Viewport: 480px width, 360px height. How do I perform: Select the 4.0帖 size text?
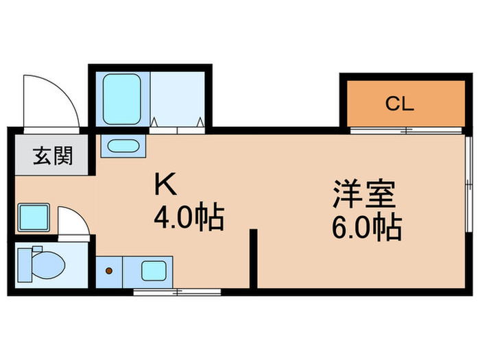click(x=189, y=218)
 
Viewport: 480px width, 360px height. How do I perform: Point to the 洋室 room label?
click(x=364, y=194)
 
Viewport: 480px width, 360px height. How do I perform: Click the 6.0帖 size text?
click(x=368, y=228)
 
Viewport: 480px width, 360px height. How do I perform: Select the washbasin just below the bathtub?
click(x=123, y=145)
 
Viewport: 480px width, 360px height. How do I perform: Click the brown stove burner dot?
click(x=108, y=270)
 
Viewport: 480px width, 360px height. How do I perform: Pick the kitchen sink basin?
click(x=152, y=270)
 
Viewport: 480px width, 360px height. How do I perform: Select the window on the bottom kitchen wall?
click(x=177, y=292)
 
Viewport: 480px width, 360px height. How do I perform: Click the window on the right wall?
click(x=468, y=182)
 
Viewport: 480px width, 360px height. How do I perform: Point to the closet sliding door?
click(x=405, y=130)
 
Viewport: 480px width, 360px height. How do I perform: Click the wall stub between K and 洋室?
click(x=253, y=259)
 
